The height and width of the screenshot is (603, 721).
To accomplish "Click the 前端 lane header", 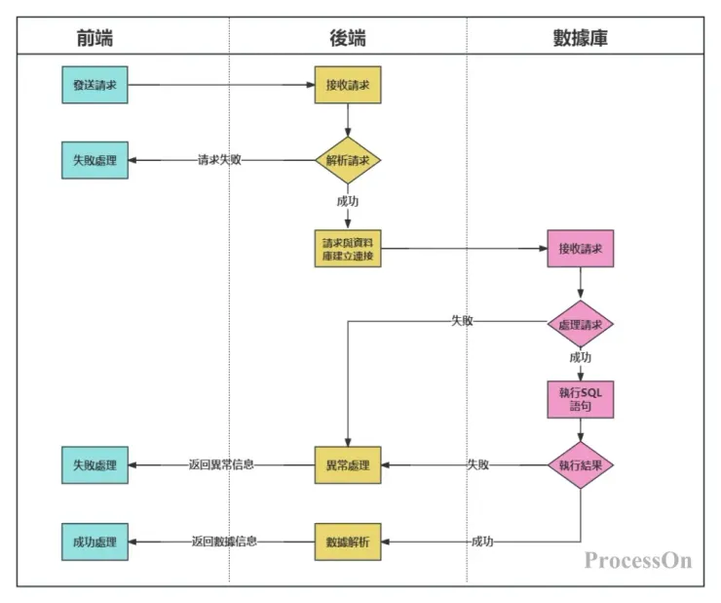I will [x=95, y=38].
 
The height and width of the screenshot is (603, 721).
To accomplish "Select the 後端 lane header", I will [x=348, y=38].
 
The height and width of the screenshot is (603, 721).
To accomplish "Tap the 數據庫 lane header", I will [x=581, y=38].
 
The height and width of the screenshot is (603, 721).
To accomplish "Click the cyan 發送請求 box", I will [x=95, y=85].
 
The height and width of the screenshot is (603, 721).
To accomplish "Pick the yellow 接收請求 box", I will [x=348, y=85].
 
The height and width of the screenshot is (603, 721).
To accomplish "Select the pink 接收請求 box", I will [x=581, y=249].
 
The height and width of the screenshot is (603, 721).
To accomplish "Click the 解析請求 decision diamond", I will [x=348, y=160].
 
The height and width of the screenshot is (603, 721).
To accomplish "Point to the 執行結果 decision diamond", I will [x=581, y=465].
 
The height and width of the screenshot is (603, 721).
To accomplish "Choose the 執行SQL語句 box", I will [x=581, y=398].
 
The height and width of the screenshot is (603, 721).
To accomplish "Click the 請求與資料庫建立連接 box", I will [x=348, y=249].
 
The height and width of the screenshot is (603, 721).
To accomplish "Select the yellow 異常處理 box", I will [x=348, y=465].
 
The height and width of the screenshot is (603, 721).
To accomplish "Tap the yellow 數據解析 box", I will [x=348, y=542].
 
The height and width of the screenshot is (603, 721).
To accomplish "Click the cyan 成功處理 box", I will [x=95, y=542].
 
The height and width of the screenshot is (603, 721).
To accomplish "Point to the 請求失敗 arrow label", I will [x=219, y=160].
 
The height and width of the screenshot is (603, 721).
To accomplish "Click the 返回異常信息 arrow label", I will [x=221, y=465].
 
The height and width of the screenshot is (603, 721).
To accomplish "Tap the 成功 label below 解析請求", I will [x=348, y=201].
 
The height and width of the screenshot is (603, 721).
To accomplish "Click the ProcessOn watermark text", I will [x=638, y=560].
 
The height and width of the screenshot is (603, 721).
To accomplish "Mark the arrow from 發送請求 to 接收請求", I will [x=221, y=85].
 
